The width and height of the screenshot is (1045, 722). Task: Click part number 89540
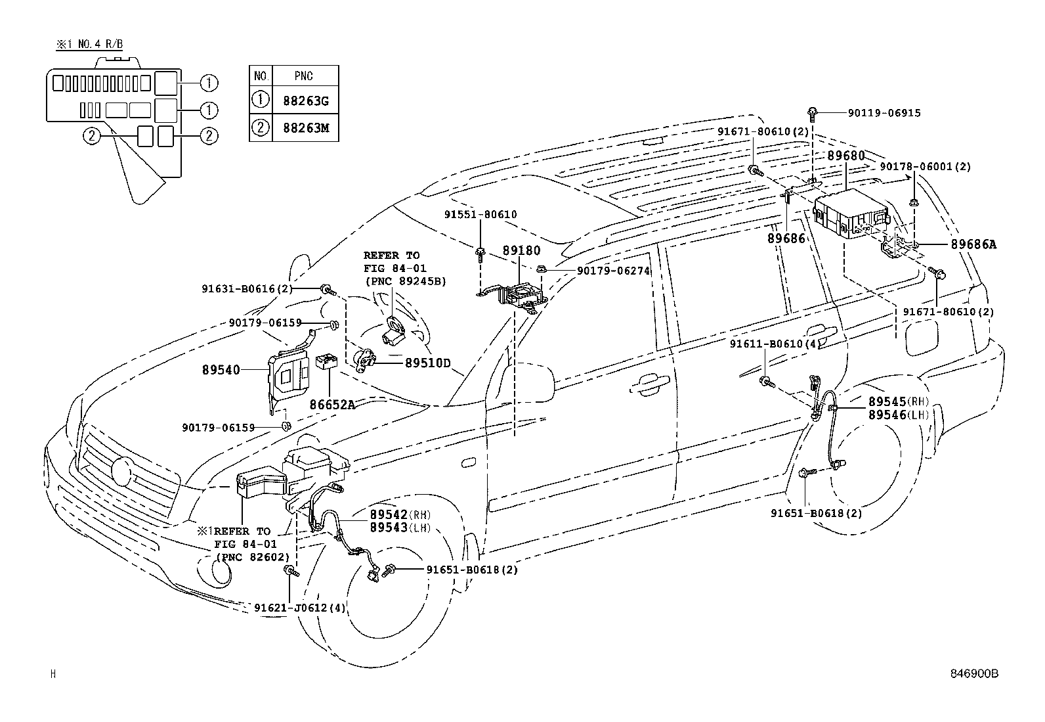[221, 370]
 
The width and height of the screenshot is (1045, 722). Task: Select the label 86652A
[332, 405]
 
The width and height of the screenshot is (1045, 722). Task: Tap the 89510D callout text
[427, 363]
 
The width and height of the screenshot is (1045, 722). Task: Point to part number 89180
[521, 251]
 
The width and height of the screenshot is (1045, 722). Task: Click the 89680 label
[846, 156]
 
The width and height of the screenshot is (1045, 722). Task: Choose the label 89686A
[973, 244]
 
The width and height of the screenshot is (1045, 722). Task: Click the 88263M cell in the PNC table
[306, 128]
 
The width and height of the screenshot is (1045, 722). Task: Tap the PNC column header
[303, 76]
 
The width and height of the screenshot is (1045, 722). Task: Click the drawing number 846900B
[974, 673]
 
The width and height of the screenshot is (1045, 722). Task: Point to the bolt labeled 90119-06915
[812, 114]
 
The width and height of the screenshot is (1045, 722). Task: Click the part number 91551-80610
[480, 214]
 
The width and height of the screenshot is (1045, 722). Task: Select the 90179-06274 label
[613, 271]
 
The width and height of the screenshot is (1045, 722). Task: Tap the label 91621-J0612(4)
[299, 608]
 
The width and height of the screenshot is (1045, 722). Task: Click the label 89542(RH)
[400, 514]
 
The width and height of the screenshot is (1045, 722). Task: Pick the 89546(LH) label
[899, 415]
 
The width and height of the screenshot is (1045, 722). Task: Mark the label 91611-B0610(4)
[775, 344]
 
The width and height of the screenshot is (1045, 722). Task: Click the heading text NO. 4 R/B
[100, 45]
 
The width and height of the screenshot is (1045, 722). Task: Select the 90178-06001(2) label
[925, 167]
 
